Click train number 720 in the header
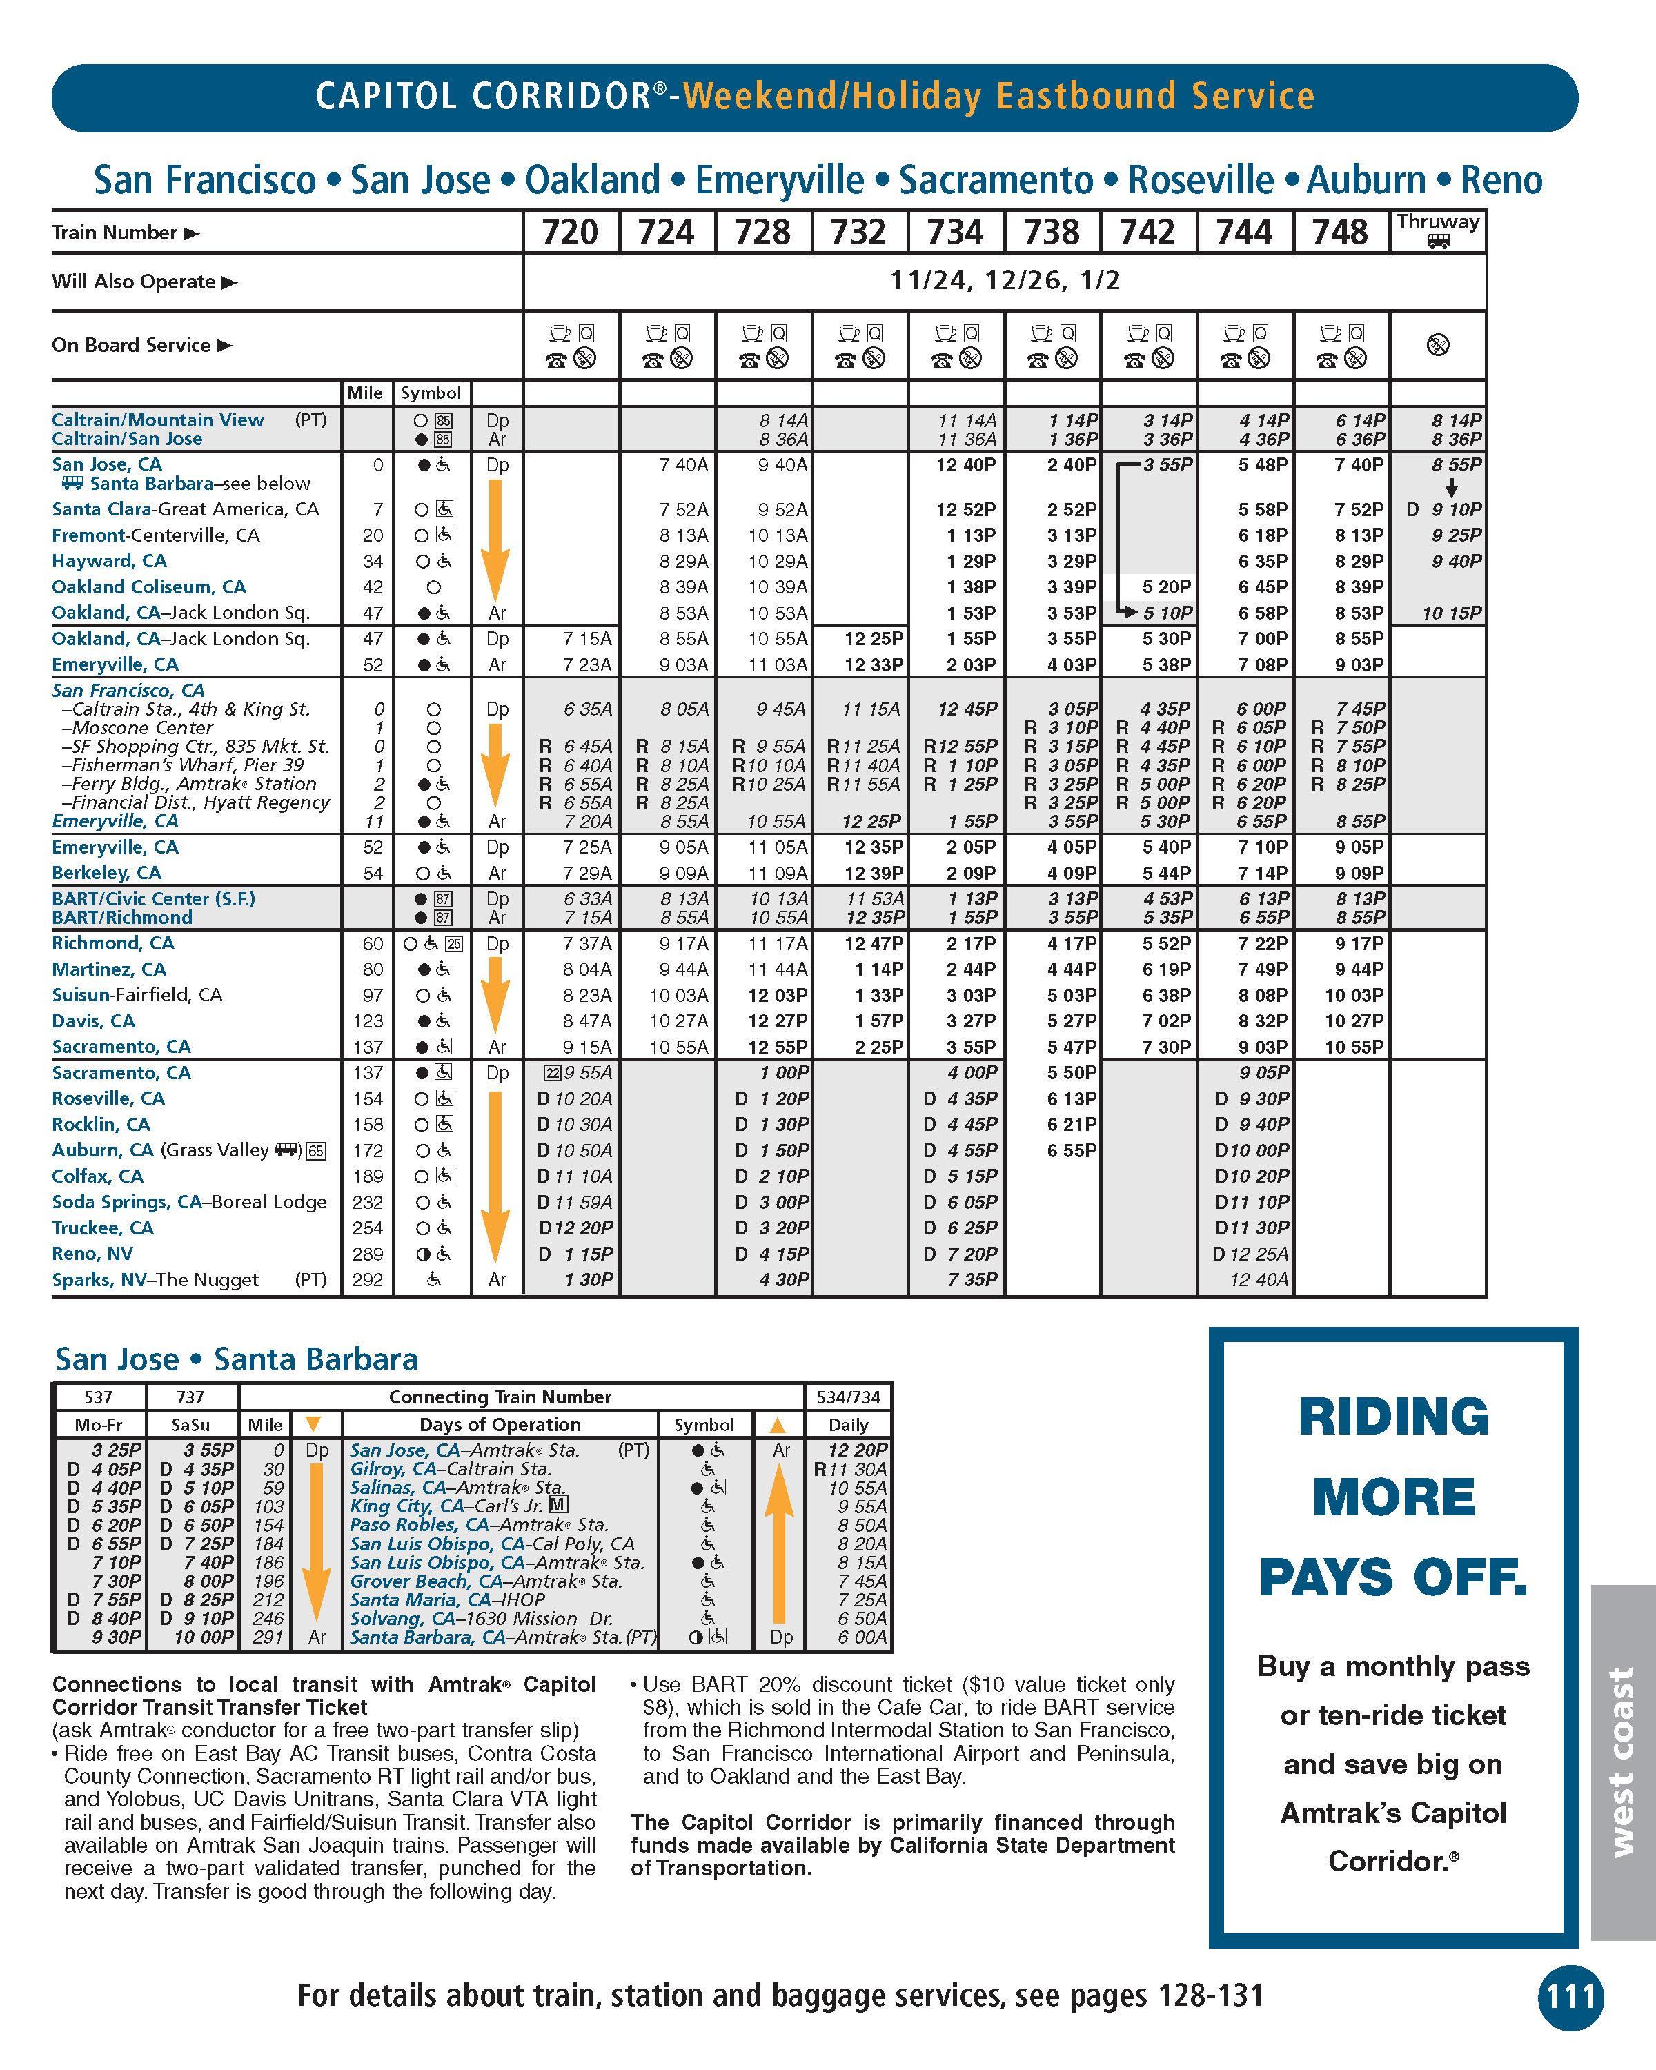point(570,233)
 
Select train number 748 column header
point(1340,233)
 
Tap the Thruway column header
point(1437,230)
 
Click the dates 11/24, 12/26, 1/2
point(1004,282)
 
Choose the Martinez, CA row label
point(108,969)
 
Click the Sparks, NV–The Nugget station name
point(155,1280)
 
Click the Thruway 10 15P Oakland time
point(1452,613)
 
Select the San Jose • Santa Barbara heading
point(236,1359)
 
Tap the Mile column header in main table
point(365,393)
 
